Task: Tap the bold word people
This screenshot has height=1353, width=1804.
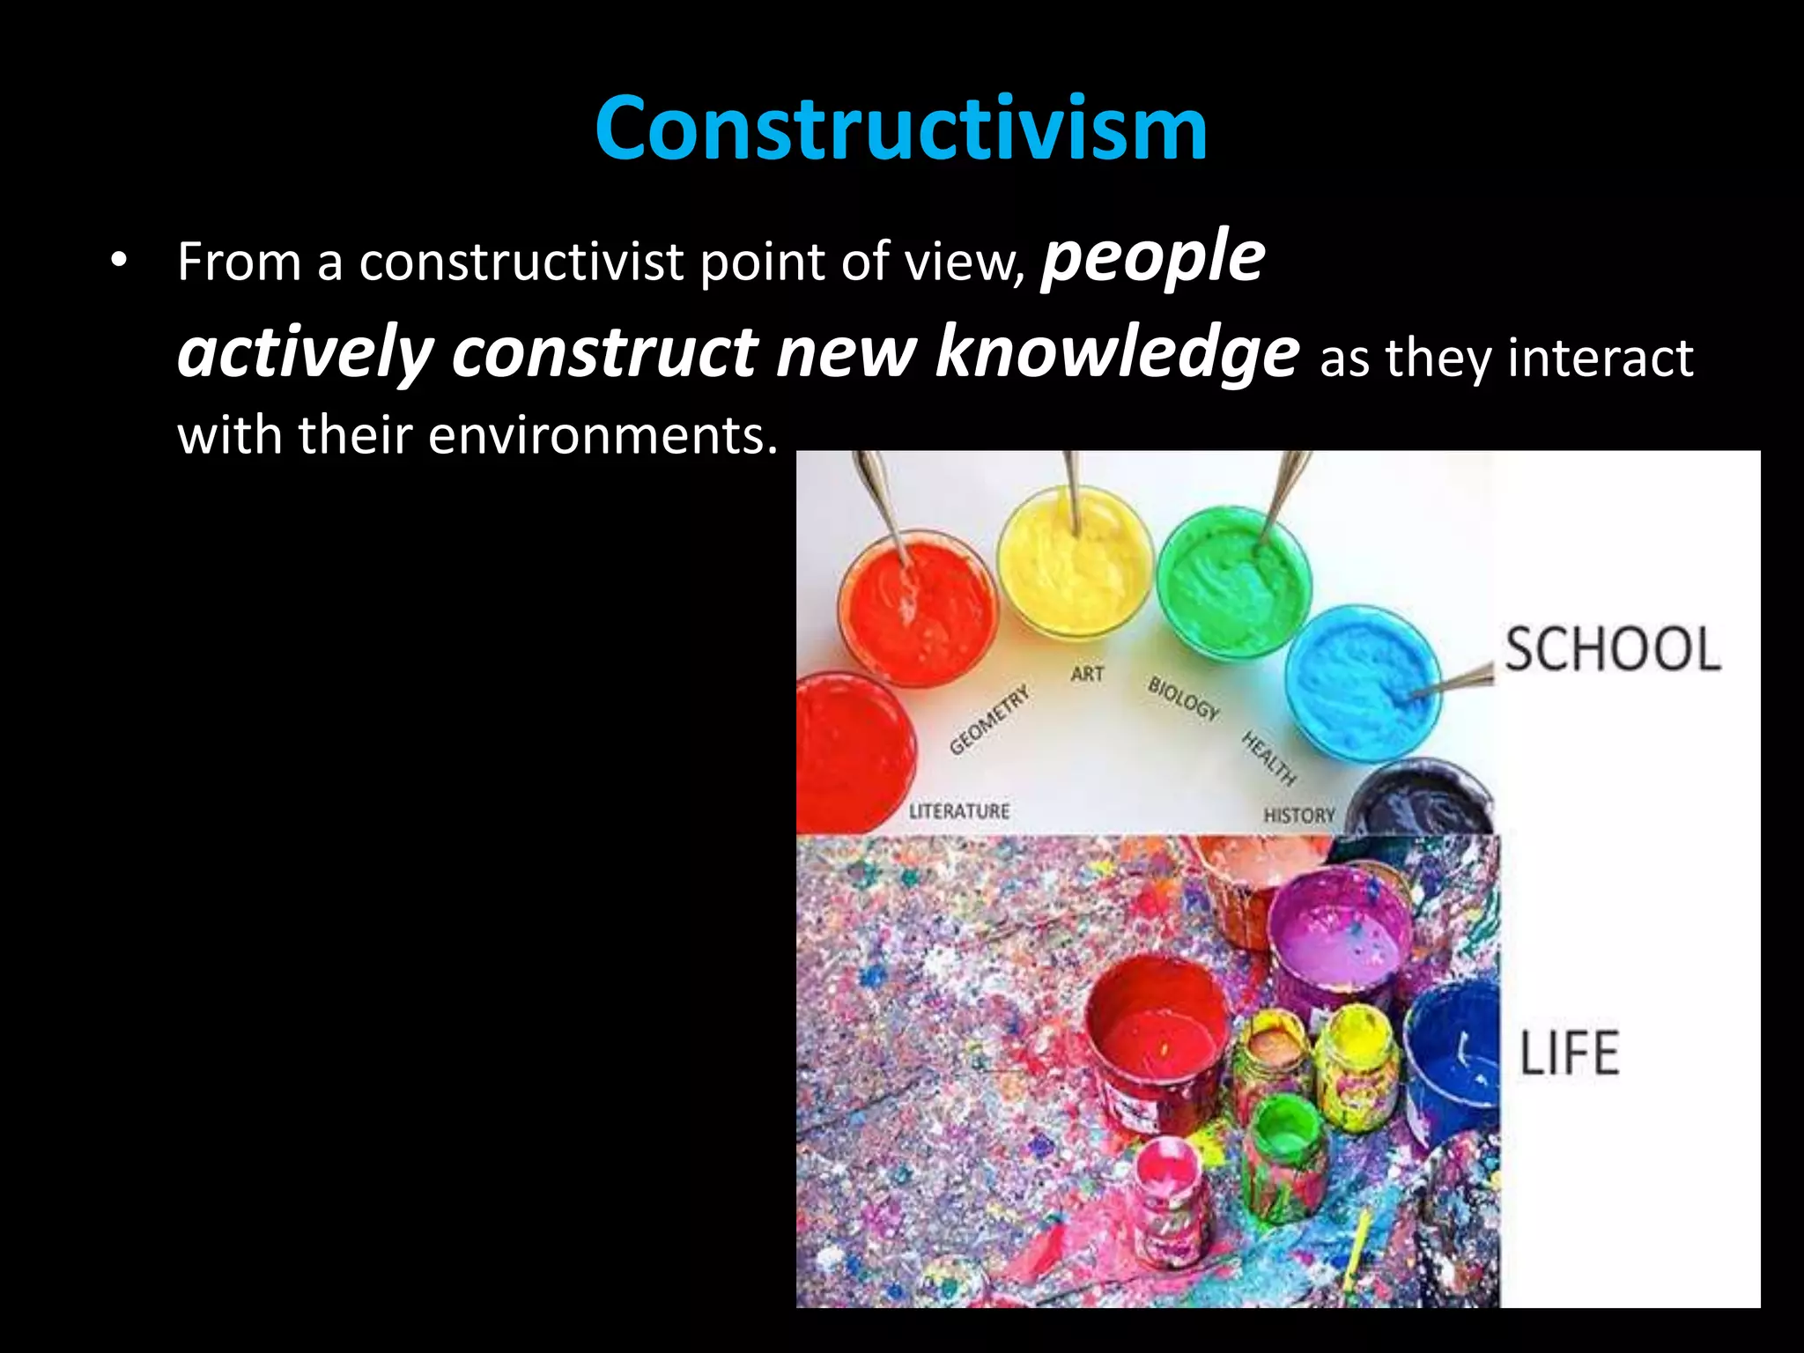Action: click(1153, 257)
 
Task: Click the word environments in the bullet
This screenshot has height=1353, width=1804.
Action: click(603, 435)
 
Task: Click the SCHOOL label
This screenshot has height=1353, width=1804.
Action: click(1612, 649)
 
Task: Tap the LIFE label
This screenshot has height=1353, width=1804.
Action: click(1570, 1053)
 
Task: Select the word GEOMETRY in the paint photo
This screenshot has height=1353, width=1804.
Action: click(988, 720)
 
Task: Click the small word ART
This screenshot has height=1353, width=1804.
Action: click(1087, 674)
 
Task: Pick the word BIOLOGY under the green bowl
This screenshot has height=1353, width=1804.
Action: click(1183, 698)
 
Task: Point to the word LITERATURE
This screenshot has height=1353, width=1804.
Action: click(959, 810)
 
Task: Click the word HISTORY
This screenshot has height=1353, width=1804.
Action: click(1299, 816)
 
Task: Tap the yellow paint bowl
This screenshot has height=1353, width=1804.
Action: click(1075, 564)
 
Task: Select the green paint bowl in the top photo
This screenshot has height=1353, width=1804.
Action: click(1233, 581)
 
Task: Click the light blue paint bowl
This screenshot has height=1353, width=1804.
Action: click(1361, 683)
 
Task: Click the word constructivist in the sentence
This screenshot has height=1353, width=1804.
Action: click(521, 262)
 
